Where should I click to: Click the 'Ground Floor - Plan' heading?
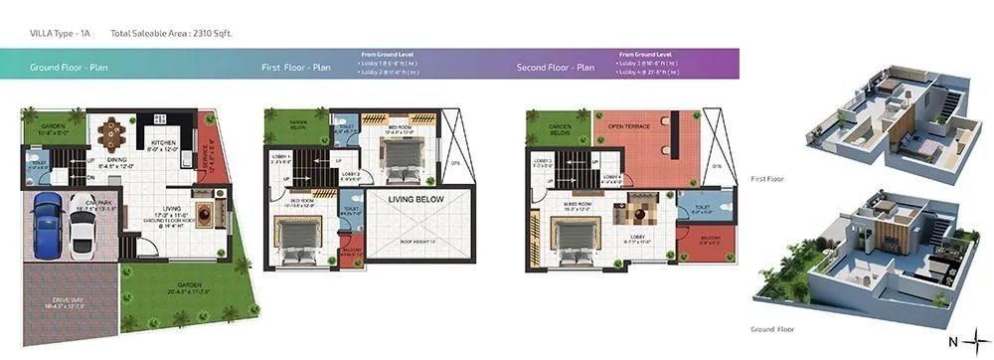tap(69, 67)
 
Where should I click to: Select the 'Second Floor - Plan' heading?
tap(555, 67)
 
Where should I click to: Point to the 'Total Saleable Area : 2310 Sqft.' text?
tap(171, 33)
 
